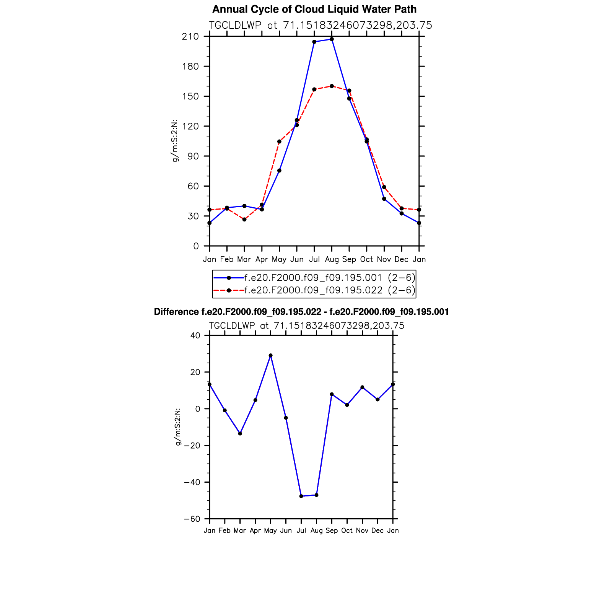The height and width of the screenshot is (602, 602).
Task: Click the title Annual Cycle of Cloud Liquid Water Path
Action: [x=314, y=9]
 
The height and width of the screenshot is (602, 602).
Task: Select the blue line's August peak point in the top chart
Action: [x=332, y=39]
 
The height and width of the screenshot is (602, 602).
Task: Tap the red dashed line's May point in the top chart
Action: [x=279, y=142]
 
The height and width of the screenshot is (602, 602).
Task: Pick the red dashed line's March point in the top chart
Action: [x=244, y=220]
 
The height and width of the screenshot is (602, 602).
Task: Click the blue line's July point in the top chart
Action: [x=314, y=42]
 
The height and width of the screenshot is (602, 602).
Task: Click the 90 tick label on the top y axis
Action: [x=193, y=156]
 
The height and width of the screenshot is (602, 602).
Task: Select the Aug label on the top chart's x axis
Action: [x=332, y=259]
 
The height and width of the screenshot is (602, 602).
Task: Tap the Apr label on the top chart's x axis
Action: [x=262, y=259]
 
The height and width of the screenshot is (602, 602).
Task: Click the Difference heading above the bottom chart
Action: [x=301, y=312]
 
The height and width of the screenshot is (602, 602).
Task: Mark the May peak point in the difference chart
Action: [x=270, y=355]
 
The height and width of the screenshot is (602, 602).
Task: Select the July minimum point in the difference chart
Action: [x=301, y=496]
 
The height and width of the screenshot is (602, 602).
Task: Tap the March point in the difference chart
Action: [x=240, y=434]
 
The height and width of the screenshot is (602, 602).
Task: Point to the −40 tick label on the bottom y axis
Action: [x=192, y=482]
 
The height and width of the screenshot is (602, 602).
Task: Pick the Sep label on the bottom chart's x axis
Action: [x=332, y=530]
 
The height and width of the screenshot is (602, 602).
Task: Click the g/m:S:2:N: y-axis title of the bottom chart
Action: [x=177, y=427]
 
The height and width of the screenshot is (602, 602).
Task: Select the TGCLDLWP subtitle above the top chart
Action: [x=321, y=25]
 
